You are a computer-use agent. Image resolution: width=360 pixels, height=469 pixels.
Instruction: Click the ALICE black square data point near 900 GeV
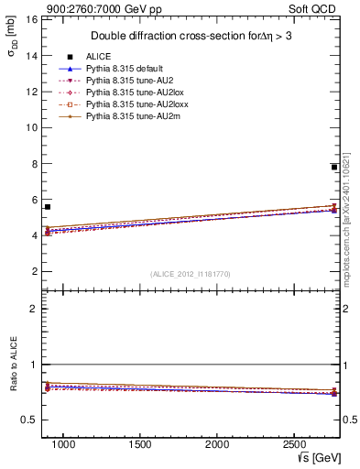[48, 207]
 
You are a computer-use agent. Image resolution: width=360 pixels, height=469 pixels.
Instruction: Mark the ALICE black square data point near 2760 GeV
[334, 167]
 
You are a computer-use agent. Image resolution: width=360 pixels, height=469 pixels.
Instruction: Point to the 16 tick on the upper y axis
[30, 19]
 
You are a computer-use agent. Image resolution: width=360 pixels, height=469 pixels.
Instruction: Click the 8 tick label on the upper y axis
[33, 164]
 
